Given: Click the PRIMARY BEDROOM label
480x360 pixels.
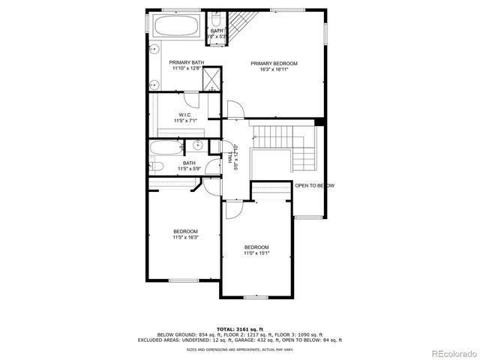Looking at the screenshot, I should point(274,64).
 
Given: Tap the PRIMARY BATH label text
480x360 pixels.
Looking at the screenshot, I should point(186,62).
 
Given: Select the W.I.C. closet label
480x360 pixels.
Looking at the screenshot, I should point(184,115).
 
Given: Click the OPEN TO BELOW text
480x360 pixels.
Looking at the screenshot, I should point(315,185).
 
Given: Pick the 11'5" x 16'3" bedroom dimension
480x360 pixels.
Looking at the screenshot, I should point(185,237).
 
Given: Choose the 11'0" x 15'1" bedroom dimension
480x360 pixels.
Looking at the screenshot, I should point(256,253).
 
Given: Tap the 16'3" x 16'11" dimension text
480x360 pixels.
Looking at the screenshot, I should point(274,70).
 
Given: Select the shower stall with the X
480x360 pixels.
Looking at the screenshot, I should point(212,77).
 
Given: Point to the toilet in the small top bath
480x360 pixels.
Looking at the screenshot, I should point(215,19).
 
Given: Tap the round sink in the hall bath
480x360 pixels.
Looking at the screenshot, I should point(198,147).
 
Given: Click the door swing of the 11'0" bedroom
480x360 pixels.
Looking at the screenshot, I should point(232,209).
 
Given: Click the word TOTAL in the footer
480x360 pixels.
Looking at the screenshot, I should point(225,328).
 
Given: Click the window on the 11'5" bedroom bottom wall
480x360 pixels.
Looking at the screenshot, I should point(184,280).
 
